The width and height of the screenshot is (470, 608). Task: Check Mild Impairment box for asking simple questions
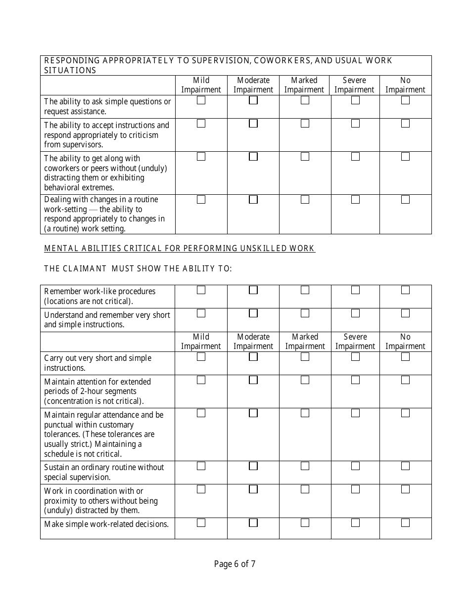[201, 100]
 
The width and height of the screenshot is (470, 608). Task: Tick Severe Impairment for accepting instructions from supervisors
[355, 124]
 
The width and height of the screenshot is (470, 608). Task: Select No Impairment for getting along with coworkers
[405, 157]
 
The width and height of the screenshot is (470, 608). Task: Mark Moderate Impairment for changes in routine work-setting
[253, 200]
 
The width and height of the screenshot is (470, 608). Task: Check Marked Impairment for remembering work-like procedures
[305, 290]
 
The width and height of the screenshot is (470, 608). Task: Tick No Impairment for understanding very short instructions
[405, 313]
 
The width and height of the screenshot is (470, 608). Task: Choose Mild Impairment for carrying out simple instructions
[201, 357]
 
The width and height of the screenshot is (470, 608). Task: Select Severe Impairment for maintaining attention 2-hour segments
[355, 380]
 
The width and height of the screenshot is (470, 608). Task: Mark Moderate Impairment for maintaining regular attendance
[253, 413]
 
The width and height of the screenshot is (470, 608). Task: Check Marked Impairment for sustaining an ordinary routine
[305, 466]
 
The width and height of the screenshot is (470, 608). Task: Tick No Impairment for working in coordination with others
[405, 489]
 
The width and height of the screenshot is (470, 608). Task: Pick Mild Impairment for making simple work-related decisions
[201, 522]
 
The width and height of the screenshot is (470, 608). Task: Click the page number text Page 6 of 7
[235, 564]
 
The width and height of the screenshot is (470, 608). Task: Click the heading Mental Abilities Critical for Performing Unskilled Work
[180, 248]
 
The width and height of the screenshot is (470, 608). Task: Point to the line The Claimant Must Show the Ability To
[138, 268]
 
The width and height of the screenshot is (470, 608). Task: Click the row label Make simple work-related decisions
[106, 524]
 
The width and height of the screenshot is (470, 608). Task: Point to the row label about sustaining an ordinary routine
[104, 472]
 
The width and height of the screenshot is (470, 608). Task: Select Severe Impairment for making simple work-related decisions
[355, 522]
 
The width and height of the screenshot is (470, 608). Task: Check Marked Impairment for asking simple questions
[305, 100]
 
